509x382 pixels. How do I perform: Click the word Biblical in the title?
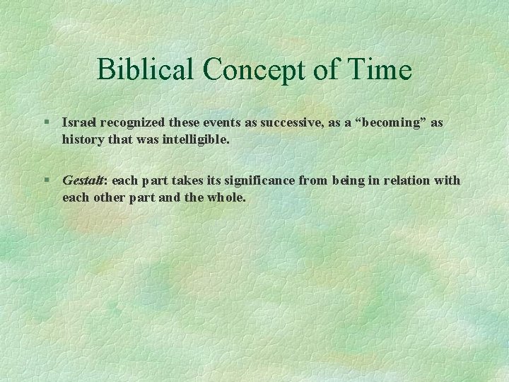tap(146, 69)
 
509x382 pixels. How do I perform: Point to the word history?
tap(82, 139)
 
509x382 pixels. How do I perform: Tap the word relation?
tap(402, 180)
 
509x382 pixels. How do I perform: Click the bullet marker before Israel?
tap(47, 122)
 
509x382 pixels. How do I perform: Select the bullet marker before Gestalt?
tap(47, 180)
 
